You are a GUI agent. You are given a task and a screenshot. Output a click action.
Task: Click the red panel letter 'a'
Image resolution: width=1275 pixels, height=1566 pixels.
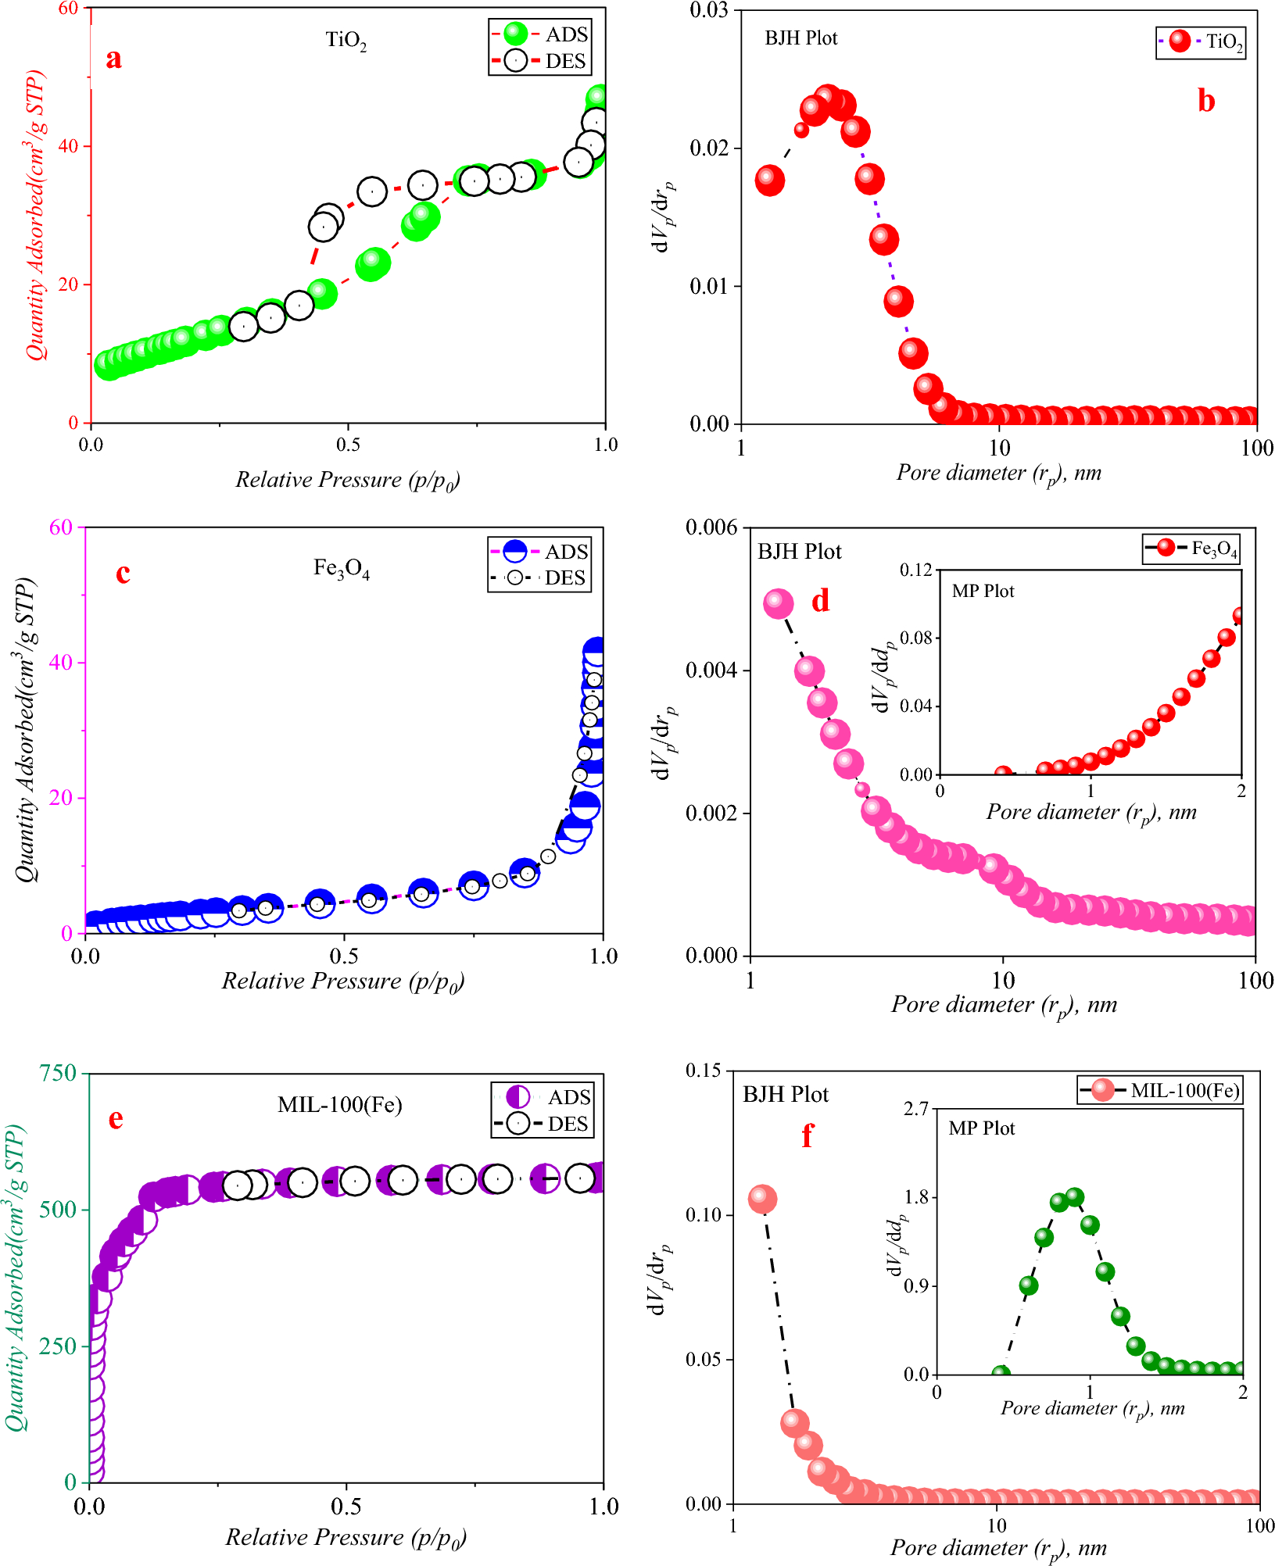pyautogui.click(x=113, y=59)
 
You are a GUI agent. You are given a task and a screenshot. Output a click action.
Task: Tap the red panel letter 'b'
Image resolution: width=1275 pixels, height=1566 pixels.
pyautogui.click(x=1206, y=101)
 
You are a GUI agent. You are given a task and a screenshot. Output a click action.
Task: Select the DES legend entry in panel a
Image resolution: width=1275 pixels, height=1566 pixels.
pyautogui.click(x=539, y=61)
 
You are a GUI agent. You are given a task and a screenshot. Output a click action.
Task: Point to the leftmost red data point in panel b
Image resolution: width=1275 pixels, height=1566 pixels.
pyautogui.click(x=770, y=181)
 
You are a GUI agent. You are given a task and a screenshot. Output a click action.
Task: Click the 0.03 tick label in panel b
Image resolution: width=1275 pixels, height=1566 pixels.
pyautogui.click(x=708, y=11)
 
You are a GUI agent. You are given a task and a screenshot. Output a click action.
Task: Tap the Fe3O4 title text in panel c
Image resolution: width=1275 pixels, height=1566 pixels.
pyautogui.click(x=342, y=568)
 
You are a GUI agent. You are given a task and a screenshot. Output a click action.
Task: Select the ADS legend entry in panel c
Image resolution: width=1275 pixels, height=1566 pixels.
pyautogui.click(x=539, y=552)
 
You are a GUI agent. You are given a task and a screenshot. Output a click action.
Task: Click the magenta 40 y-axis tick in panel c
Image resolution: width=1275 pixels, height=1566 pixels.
pyautogui.click(x=59, y=663)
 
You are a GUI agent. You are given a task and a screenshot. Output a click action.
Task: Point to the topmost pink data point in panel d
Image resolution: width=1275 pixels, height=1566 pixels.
pyautogui.click(x=778, y=603)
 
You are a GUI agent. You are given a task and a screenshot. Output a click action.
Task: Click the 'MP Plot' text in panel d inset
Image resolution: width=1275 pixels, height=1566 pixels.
pyautogui.click(x=983, y=592)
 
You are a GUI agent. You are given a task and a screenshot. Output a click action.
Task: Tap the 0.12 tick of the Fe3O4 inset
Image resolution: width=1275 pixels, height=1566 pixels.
pyautogui.click(x=915, y=570)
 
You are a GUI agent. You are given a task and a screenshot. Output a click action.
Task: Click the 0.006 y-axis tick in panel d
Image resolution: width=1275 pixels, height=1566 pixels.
pyautogui.click(x=711, y=527)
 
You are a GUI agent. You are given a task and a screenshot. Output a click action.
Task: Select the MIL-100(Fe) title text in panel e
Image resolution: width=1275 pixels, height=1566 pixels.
pyautogui.click(x=340, y=1104)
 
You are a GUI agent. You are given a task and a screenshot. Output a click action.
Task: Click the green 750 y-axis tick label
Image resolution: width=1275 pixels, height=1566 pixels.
pyautogui.click(x=58, y=1073)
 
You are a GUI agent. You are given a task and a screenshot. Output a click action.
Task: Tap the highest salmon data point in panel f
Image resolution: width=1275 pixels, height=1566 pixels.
pyautogui.click(x=762, y=1199)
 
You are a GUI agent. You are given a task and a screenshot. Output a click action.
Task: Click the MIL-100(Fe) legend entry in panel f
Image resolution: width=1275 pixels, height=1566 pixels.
pyautogui.click(x=1161, y=1090)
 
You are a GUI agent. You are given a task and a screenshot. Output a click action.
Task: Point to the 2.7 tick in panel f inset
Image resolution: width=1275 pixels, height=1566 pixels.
pyautogui.click(x=916, y=1109)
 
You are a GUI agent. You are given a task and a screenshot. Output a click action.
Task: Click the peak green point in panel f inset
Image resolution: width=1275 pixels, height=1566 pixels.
pyautogui.click(x=1075, y=1196)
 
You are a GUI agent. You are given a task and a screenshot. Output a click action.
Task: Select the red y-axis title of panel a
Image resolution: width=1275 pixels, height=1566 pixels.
pyautogui.click(x=35, y=215)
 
